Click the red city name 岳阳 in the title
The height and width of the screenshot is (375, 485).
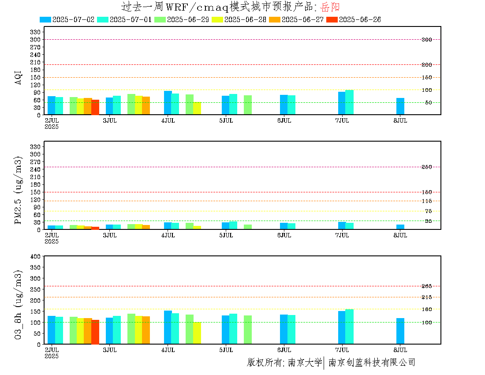330,7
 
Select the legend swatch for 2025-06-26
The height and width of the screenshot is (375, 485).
332,19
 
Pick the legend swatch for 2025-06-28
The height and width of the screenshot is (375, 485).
217,19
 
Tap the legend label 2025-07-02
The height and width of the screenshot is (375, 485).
73,19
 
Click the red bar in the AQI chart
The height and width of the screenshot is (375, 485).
95,107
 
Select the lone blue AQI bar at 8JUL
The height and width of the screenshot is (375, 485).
400,106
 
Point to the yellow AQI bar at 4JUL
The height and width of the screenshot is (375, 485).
197,108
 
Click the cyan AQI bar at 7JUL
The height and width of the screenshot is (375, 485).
350,102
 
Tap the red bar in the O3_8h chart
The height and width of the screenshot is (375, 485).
95,332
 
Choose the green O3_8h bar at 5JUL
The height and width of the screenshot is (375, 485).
248,330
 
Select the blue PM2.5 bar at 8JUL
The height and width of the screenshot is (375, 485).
400,227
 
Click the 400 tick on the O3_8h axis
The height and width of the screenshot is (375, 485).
35,256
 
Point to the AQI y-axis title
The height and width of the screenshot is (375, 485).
18,77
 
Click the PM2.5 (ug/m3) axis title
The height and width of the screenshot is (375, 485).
18,190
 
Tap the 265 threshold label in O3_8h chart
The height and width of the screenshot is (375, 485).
426,286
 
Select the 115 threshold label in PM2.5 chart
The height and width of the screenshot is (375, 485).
426,201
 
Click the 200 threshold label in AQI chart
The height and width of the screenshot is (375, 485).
426,65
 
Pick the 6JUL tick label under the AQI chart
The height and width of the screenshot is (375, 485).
284,121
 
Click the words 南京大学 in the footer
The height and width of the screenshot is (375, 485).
305,362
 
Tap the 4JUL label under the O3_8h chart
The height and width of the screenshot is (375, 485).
168,350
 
